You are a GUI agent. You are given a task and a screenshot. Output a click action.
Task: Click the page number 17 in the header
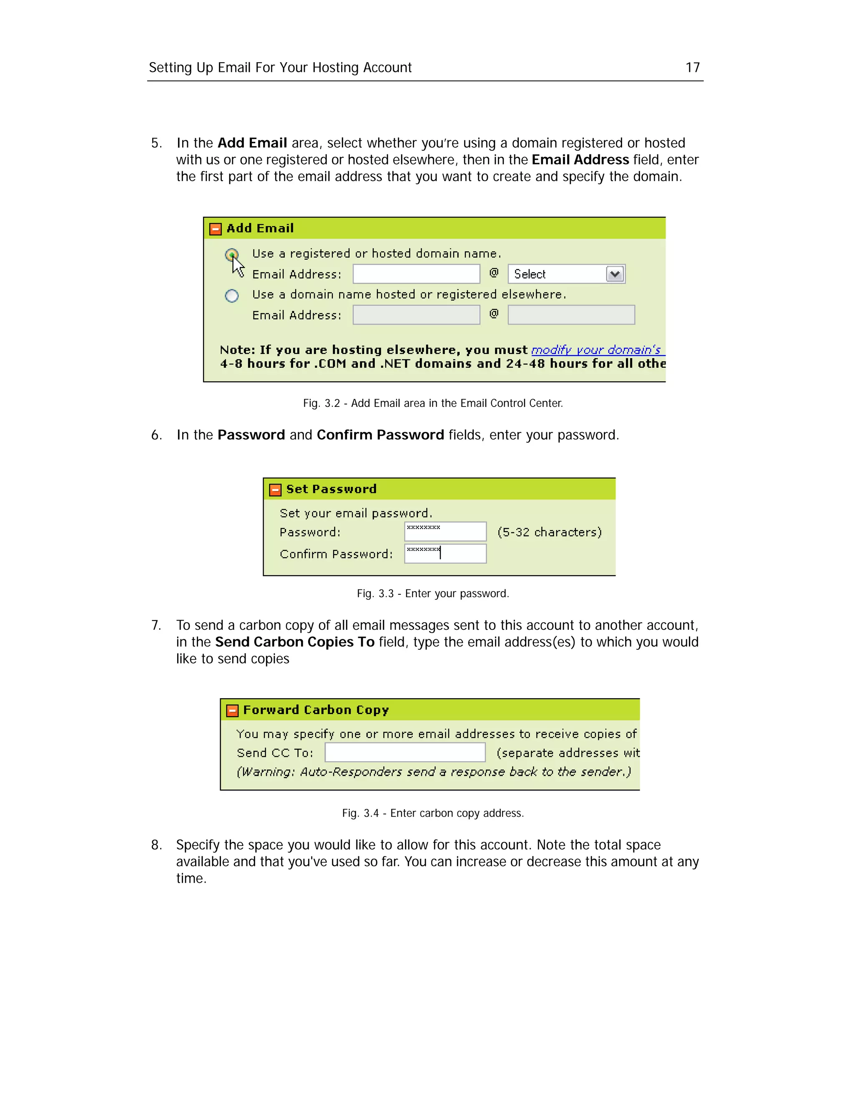point(692,67)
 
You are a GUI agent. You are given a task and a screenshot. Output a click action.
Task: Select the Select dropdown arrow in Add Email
point(615,274)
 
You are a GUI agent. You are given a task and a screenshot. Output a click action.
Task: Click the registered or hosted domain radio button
point(232,254)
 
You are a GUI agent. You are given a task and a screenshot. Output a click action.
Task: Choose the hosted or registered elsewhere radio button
point(232,295)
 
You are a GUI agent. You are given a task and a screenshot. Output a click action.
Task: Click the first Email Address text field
point(416,274)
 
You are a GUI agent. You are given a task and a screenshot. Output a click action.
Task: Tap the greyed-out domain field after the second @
point(571,315)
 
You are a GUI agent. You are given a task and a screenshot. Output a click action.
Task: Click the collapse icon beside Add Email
point(216,229)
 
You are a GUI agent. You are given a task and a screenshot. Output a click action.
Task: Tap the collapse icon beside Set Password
point(275,490)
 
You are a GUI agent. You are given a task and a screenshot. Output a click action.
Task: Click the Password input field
point(445,532)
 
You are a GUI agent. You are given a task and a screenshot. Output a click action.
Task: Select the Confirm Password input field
point(445,553)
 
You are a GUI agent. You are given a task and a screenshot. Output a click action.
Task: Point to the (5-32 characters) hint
point(550,532)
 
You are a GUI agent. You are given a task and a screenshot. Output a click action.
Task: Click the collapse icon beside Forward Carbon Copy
point(232,710)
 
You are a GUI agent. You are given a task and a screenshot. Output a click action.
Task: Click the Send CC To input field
point(405,752)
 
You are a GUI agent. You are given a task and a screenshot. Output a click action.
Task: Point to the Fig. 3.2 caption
point(432,403)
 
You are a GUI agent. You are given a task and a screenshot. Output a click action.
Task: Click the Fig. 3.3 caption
point(432,593)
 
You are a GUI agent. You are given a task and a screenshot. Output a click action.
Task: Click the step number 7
point(156,626)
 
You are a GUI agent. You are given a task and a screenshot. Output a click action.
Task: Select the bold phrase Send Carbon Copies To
point(294,642)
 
